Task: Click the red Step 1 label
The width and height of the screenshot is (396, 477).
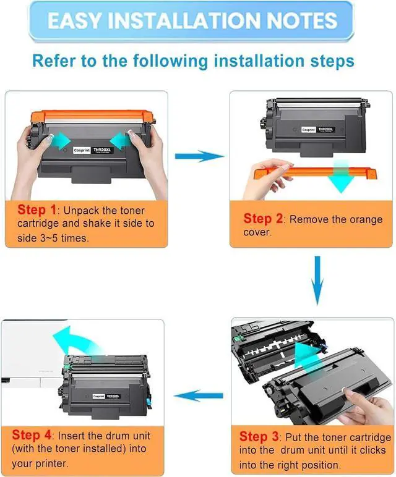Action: coord(37,209)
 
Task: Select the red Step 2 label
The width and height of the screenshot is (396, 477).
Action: coord(263,219)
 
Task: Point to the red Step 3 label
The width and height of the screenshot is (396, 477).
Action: coord(259,436)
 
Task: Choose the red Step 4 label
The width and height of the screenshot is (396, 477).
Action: coord(32,435)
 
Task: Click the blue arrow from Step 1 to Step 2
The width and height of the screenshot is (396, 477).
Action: coord(199,156)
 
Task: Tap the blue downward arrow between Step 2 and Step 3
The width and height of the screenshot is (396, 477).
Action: coord(317,281)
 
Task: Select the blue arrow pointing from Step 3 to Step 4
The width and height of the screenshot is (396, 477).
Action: coord(198,395)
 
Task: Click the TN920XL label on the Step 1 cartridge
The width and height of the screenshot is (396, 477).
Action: coord(103,150)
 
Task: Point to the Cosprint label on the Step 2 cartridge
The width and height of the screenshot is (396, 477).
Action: coord(308,130)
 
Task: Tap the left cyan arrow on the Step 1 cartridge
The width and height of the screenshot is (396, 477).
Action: coord(59,140)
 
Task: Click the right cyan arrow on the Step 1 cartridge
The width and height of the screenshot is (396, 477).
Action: coord(119,140)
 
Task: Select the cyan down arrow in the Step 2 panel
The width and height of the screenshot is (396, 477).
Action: coord(340,176)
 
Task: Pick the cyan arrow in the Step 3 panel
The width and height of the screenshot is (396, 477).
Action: coord(308,356)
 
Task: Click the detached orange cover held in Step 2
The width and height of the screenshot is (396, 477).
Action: coord(316,172)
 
